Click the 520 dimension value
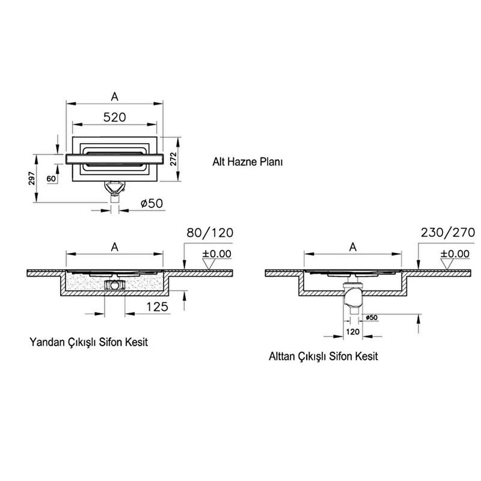pos(114,117)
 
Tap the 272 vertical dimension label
pos(174,159)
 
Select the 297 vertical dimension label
pos(32,178)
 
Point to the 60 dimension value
pos(51,179)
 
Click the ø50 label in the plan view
pos(152,203)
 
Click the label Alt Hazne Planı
pos(247,162)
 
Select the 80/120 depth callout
pos(210,233)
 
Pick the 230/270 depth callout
pos(448,233)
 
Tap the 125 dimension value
pos(157,307)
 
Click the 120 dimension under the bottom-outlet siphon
pos(352,332)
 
